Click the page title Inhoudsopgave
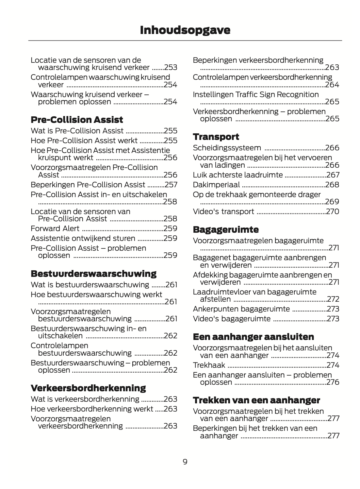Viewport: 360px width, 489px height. (185, 30)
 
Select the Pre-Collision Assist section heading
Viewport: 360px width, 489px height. (77, 120)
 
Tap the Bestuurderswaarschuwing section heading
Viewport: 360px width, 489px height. (93, 274)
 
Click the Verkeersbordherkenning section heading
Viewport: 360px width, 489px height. (88, 388)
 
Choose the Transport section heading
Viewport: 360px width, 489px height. (216, 137)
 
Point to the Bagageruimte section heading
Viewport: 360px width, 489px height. (226, 229)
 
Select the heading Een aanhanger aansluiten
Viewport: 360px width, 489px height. (254, 337)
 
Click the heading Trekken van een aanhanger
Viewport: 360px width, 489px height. (256, 400)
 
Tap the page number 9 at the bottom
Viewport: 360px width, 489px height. (185, 462)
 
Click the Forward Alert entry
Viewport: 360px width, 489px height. (55, 228)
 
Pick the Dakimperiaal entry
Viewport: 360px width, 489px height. (216, 185)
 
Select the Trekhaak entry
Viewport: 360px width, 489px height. (209, 365)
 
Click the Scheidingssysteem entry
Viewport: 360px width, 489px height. (227, 148)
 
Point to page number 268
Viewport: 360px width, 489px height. (332, 185)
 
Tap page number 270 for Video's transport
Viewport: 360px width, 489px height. (333, 211)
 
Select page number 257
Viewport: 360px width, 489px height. (171, 185)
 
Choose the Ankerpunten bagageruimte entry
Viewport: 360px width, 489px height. (241, 309)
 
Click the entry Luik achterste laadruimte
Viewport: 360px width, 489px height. (238, 175)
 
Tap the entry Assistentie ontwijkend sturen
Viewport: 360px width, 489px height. (83, 238)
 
